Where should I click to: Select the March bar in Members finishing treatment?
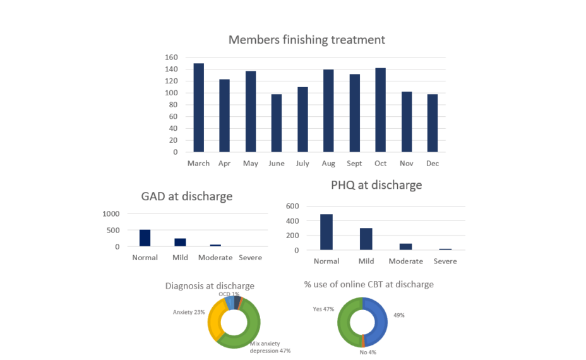point(199,107)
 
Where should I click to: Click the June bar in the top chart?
point(277,123)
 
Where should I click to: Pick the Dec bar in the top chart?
point(432,123)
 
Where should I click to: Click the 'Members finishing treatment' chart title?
point(306,40)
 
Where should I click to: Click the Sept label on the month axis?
point(354,163)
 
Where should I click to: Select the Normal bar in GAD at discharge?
point(145,238)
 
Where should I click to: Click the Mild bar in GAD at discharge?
point(180,243)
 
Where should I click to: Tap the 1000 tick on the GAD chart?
point(111,214)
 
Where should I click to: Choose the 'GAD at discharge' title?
point(186,196)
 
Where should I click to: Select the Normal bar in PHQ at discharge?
point(326,232)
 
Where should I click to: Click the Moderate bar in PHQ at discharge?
point(405,247)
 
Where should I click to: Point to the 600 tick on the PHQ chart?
point(292,207)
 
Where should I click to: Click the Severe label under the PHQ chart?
point(445,261)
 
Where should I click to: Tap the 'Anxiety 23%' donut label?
point(189,312)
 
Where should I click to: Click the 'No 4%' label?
point(368,352)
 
